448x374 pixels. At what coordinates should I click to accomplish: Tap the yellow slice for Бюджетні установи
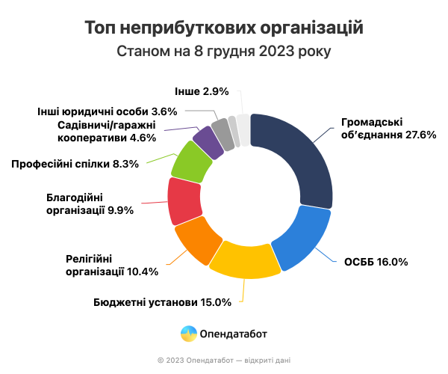click(x=242, y=262)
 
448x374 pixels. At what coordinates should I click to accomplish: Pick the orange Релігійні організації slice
click(x=196, y=240)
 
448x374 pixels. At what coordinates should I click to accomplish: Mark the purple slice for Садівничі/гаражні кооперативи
click(x=208, y=141)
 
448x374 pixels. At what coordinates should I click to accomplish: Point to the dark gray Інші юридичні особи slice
click(x=223, y=132)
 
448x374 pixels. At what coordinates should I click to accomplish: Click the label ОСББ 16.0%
click(x=375, y=262)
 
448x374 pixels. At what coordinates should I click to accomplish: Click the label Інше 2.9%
click(x=202, y=92)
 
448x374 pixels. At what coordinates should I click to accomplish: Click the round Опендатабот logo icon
click(x=189, y=334)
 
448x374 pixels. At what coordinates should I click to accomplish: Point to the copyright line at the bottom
click(x=224, y=360)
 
